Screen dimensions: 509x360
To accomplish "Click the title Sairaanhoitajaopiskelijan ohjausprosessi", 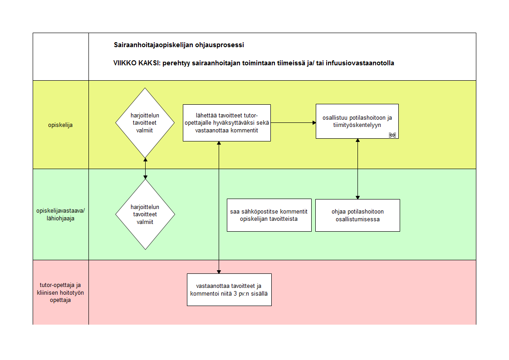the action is click(x=179, y=45).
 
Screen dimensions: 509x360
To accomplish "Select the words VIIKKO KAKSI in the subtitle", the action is click(x=136, y=63).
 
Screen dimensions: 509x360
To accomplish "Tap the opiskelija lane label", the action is click(x=60, y=125).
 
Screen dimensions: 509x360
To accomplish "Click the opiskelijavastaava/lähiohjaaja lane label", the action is click(x=60, y=214).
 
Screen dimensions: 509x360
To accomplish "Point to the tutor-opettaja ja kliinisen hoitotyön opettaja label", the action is click(x=60, y=292).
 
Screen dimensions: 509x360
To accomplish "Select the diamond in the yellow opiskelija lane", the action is click(x=145, y=123).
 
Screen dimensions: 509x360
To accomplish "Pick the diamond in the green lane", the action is click(x=145, y=214).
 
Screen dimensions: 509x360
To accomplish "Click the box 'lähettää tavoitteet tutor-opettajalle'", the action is click(x=227, y=123).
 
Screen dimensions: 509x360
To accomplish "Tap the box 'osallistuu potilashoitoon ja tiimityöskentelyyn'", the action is click(x=357, y=122).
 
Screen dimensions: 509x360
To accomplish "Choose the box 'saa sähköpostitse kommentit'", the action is click(x=269, y=215).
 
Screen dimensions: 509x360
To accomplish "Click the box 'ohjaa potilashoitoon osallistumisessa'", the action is click(x=358, y=215).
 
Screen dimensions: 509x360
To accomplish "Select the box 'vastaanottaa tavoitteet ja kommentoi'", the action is click(x=229, y=290).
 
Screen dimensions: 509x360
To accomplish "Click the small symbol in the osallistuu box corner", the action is click(x=392, y=135).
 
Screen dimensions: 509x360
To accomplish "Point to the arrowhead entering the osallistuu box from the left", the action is click(x=314, y=123).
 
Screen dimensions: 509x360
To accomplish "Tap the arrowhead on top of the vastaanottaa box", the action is click(x=219, y=272).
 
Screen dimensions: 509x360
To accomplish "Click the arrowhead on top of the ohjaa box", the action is click(x=358, y=198).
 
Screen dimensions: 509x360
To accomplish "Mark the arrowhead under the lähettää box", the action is click(x=219, y=143).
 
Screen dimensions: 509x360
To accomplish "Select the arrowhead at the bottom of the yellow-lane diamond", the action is click(x=146, y=160).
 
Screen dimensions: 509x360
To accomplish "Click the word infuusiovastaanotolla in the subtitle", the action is click(x=360, y=63).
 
